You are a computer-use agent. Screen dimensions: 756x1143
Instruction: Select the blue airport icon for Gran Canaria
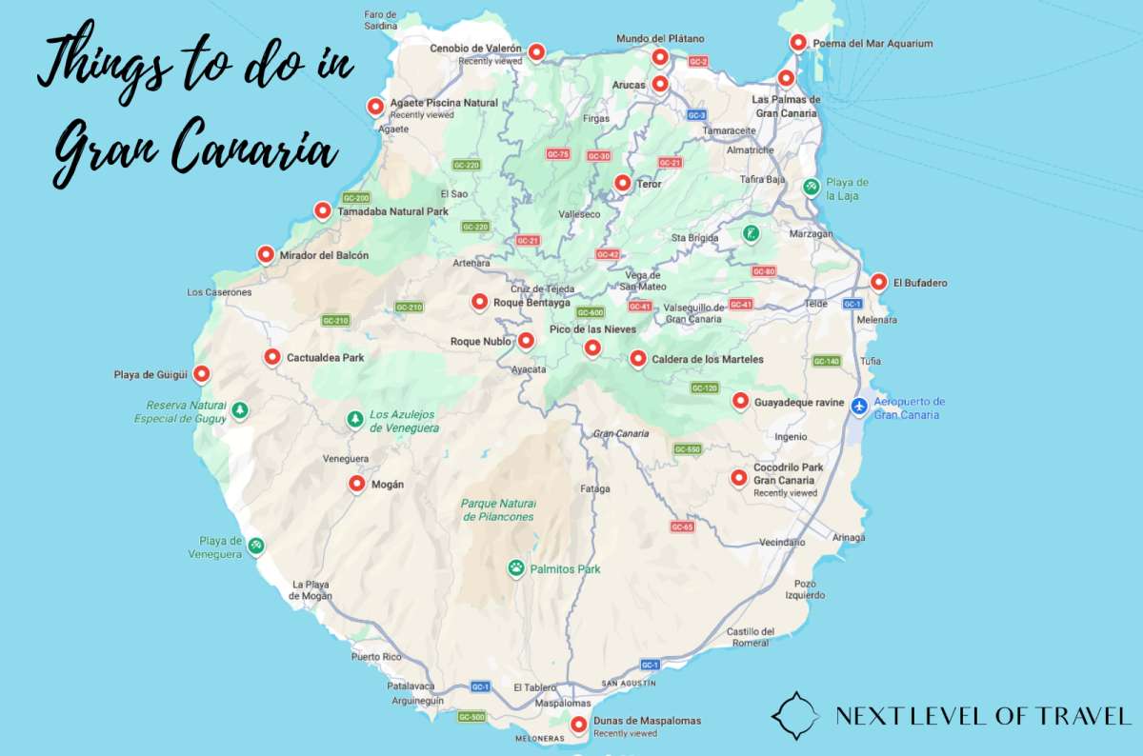pyautogui.click(x=859, y=407)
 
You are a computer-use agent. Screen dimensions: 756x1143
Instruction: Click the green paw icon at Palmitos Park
pyautogui.click(x=515, y=568)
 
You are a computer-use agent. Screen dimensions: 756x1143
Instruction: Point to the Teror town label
pyautogui.click(x=648, y=184)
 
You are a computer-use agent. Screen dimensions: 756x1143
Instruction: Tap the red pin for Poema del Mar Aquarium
pyautogui.click(x=798, y=43)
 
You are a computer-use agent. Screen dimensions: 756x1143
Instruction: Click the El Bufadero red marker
pyautogui.click(x=878, y=282)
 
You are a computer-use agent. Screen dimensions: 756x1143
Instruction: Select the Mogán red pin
pyautogui.click(x=357, y=484)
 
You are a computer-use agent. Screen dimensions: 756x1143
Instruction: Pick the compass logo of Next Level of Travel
pyautogui.click(x=795, y=716)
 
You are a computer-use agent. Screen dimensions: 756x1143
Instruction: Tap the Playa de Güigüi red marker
pyautogui.click(x=201, y=374)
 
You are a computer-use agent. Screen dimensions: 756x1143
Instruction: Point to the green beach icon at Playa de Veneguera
pyautogui.click(x=255, y=545)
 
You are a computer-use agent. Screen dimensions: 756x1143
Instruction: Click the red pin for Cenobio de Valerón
pyautogui.click(x=537, y=51)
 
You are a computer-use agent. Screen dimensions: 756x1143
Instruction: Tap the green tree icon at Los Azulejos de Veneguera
pyautogui.click(x=354, y=418)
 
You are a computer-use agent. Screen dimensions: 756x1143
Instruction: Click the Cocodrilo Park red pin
pyautogui.click(x=738, y=478)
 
